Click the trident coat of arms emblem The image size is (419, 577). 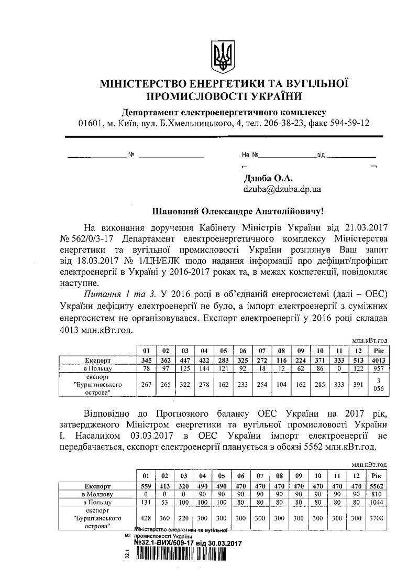coord(223,55)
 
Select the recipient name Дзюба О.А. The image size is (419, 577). coord(266,179)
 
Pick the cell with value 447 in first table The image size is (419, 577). coord(185,360)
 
